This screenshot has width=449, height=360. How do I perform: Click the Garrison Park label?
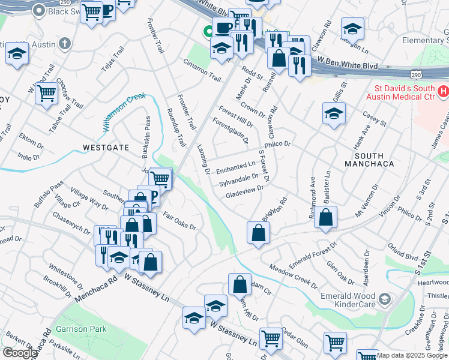(x=81, y=329)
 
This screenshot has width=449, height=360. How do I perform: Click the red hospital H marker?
(x=443, y=92)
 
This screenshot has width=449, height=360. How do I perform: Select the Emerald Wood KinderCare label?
(x=347, y=298)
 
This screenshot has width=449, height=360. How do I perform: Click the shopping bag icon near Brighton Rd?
(x=257, y=233)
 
